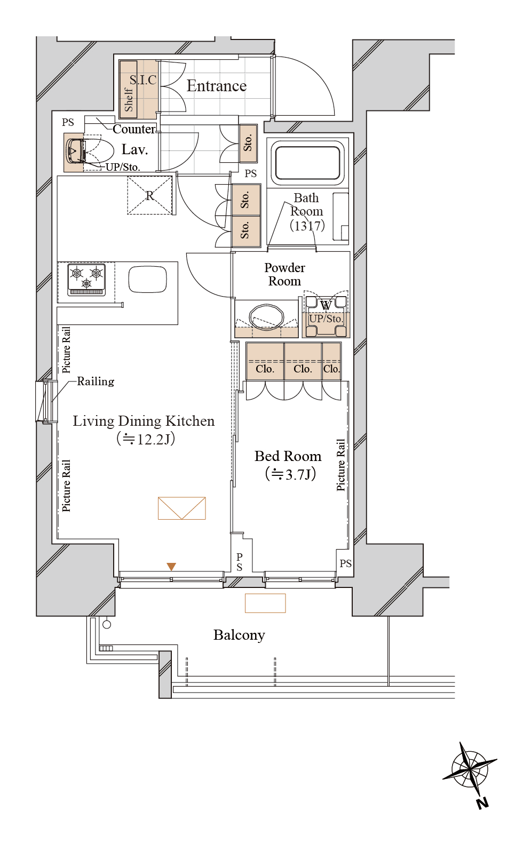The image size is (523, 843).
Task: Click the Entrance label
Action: [x=217, y=86]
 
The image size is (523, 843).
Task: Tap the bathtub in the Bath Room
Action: [x=307, y=163]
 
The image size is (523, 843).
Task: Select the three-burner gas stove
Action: [x=86, y=280]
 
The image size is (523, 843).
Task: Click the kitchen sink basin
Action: [x=148, y=279]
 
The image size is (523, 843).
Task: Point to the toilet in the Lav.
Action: [x=90, y=152]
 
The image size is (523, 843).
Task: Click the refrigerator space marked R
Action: [x=149, y=195]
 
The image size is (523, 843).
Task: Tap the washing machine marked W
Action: [x=326, y=316]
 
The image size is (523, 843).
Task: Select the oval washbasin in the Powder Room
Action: [x=267, y=315]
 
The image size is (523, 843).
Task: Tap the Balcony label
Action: [x=239, y=635]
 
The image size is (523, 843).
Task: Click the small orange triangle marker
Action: [x=171, y=567]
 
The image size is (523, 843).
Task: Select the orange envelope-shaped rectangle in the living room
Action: [x=182, y=508]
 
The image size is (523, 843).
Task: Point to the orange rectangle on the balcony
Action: [x=265, y=603]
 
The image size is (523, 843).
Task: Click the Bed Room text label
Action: [x=288, y=456]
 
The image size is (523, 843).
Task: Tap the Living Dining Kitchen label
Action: [x=144, y=421]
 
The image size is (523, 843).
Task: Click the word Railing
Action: [x=96, y=381]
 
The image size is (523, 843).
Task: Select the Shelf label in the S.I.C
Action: [x=129, y=100]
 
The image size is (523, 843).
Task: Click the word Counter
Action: [x=134, y=129]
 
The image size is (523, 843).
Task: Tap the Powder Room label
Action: [x=284, y=274]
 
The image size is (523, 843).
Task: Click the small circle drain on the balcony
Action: [x=107, y=624]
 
